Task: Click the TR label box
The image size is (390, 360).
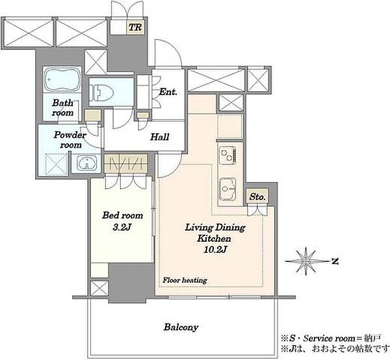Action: point(135,27)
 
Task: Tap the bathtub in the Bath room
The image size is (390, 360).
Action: point(62,79)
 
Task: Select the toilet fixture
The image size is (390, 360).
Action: point(101,93)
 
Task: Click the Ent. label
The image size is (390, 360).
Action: point(168,92)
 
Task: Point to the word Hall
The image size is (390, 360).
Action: point(160,136)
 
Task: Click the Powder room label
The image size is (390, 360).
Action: point(70,140)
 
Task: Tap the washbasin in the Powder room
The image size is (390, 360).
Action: point(86,163)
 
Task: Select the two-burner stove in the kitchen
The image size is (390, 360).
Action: point(227,155)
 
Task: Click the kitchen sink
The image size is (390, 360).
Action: point(227,189)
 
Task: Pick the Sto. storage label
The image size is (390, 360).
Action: point(257,197)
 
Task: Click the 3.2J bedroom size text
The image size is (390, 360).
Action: point(122,227)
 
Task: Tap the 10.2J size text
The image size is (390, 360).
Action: point(215,250)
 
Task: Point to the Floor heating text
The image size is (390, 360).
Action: point(185,280)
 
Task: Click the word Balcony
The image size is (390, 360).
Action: point(181,327)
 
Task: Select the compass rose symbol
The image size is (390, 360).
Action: point(305,261)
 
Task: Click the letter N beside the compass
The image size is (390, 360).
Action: point(335,261)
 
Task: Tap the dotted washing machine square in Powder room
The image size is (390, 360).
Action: point(56,165)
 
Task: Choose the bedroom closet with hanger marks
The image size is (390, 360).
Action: point(126,163)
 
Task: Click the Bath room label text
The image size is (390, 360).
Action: point(62,108)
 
